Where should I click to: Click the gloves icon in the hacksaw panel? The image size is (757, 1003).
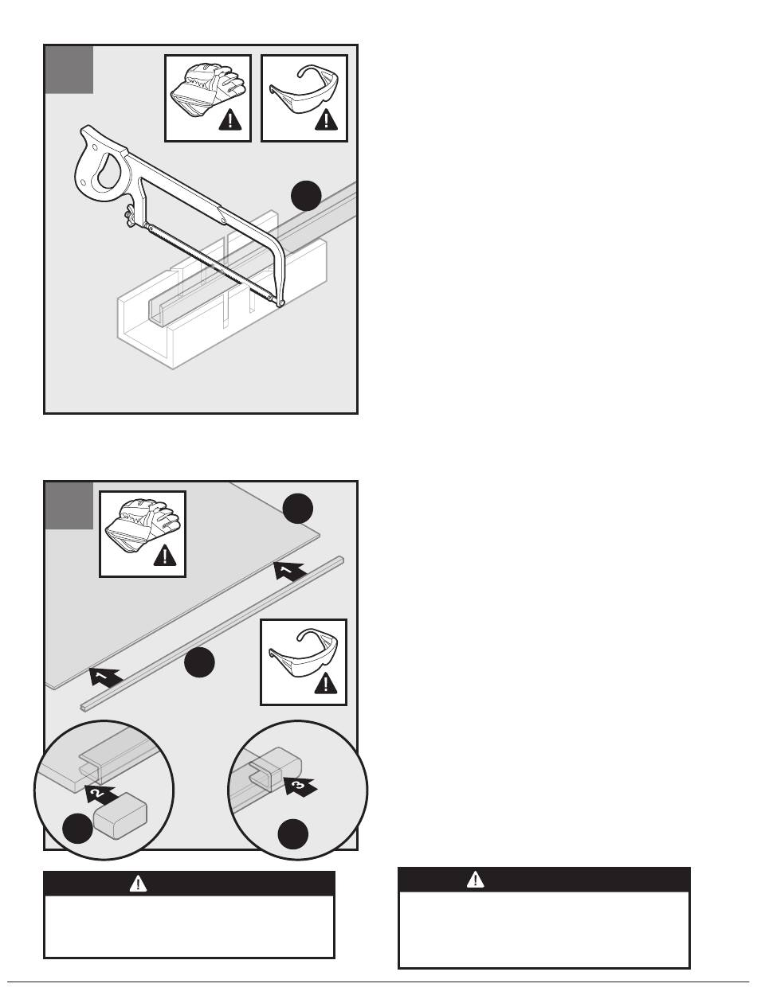[x=207, y=98]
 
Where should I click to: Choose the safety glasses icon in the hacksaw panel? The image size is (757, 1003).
[x=304, y=98]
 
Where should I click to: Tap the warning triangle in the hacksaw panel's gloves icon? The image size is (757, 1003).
[x=232, y=120]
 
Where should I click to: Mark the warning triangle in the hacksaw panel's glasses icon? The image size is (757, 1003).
[x=326, y=120]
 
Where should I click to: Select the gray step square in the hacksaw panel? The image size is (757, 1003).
[x=69, y=70]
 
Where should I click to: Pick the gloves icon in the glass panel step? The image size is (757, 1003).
[x=142, y=533]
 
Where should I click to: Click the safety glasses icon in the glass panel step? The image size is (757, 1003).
[x=304, y=662]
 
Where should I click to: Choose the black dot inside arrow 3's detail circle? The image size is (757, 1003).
[x=294, y=833]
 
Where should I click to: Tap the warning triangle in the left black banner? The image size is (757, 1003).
[x=139, y=882]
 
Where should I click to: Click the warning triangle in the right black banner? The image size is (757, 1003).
[x=476, y=879]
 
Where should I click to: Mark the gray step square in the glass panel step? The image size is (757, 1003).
[x=69, y=505]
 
